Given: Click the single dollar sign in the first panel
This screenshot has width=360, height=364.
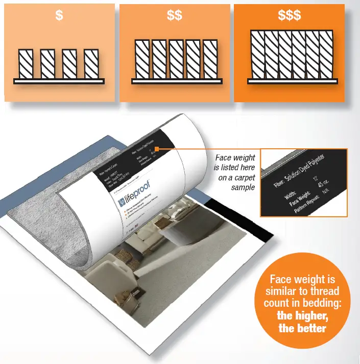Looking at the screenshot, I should [59, 16].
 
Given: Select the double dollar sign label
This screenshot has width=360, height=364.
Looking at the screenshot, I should [174, 16].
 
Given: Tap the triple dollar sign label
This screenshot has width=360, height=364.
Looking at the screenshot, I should [290, 16].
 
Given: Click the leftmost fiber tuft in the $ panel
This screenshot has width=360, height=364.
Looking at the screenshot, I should [26, 64].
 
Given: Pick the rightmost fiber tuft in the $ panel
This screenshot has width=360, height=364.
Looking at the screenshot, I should [91, 64].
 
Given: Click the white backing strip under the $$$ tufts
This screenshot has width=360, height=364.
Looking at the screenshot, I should [291, 81].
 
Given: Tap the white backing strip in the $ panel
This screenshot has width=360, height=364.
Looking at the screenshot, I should [59, 81].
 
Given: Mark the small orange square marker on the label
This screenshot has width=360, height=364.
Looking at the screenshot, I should [157, 149].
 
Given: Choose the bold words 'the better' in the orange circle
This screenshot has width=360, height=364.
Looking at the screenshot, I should [301, 328].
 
